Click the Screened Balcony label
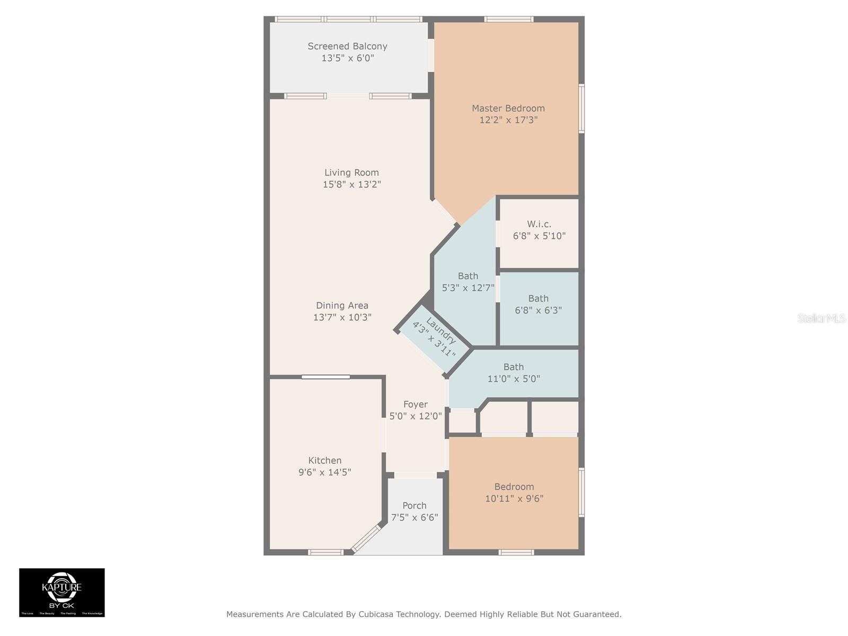point(347,47)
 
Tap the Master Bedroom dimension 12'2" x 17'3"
point(508,120)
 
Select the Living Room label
point(351,173)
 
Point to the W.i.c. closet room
point(539,230)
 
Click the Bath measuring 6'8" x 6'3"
point(538,305)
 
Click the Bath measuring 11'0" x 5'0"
point(513,373)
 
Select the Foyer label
point(415,404)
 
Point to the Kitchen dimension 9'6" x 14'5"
point(324,472)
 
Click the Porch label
point(414,506)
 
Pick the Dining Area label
point(342,306)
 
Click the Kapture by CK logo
point(62,593)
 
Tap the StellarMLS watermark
point(821,319)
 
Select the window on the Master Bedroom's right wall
point(581,109)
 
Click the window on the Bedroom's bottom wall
point(516,552)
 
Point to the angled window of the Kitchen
point(366,538)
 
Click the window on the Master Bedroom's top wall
point(508,20)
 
